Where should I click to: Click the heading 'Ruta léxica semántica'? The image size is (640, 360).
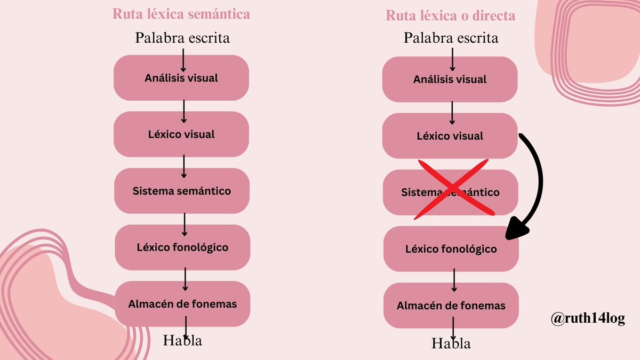pos(181,14)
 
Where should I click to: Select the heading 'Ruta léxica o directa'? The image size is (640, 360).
pos(450,15)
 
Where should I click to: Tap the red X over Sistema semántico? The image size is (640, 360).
pos(454,189)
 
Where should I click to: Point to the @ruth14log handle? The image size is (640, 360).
pos(588,318)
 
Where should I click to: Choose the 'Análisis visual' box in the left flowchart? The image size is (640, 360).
pos(181,78)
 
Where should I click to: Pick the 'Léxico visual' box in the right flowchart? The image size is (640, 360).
pos(450,135)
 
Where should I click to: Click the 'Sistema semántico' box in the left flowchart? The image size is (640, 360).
pos(182,191)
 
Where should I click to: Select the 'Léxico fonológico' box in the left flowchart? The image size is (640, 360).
pos(182,247)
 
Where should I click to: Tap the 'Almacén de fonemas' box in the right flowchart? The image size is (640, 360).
pos(451,306)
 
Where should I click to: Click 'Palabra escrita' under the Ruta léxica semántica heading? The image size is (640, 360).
pos(182,38)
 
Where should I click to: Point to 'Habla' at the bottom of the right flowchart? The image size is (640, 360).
pos(451,343)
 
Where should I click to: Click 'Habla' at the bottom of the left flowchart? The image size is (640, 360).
pos(182,340)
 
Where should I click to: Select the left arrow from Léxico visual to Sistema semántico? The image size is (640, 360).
pos(183,166)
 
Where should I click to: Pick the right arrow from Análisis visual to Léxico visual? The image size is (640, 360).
pos(452,113)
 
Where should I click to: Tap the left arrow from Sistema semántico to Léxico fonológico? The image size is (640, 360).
pos(185,225)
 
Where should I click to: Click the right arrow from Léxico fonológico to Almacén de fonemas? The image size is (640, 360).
pos(454,280)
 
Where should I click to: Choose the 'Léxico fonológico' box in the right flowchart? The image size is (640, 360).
pos(451,249)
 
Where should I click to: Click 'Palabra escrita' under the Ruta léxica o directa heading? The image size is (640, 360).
pos(451,38)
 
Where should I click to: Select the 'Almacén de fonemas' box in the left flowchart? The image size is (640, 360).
pos(182,304)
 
